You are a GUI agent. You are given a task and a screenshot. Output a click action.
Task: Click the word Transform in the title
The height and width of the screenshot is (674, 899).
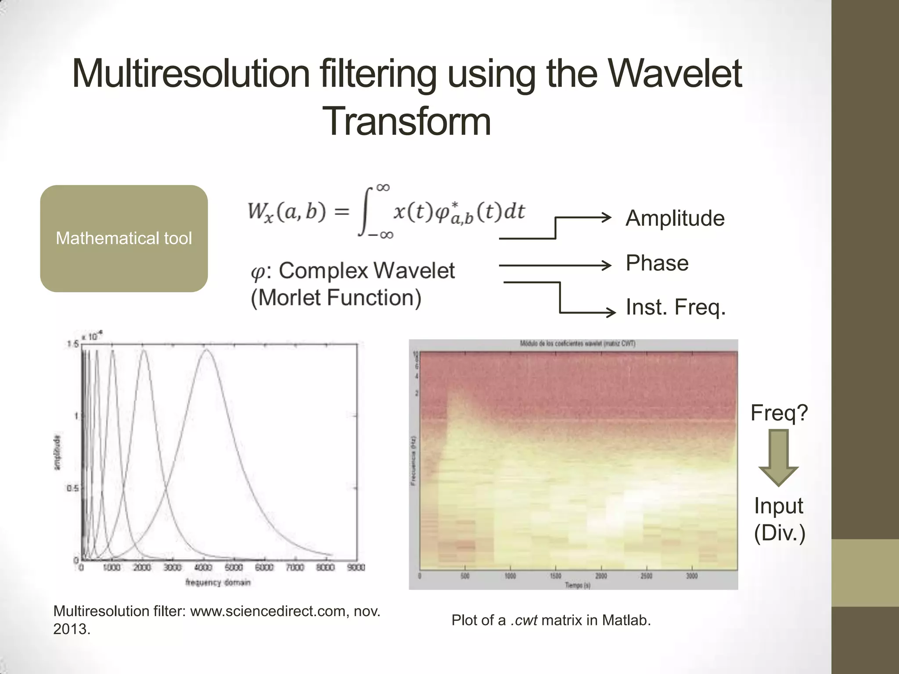click(x=406, y=122)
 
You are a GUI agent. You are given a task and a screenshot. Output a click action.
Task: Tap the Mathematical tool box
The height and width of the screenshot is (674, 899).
click(x=124, y=238)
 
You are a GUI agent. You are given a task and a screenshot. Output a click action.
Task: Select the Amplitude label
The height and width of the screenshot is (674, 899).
click(x=675, y=218)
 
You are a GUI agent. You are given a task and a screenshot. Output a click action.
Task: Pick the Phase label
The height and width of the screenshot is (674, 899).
click(x=657, y=263)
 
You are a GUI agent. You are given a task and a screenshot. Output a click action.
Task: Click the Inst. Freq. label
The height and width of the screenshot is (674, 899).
click(x=676, y=307)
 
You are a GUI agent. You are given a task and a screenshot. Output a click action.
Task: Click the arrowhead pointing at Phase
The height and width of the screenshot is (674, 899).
click(x=608, y=265)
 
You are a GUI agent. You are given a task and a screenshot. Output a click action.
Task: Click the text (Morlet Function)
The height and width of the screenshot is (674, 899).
click(x=336, y=298)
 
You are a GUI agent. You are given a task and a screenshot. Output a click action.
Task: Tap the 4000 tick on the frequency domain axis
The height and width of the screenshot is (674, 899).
click(x=203, y=568)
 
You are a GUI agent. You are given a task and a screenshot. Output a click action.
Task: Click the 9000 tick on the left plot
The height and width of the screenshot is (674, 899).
click(x=356, y=568)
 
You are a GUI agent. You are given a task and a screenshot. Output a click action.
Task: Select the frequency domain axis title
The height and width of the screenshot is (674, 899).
click(x=218, y=583)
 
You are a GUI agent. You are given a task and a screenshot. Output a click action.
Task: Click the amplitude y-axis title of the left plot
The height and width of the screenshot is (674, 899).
click(x=58, y=452)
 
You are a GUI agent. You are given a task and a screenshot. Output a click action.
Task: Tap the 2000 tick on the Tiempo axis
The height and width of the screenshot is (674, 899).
click(x=601, y=576)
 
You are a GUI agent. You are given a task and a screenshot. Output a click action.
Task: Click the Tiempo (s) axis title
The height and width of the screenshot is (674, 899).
click(x=577, y=585)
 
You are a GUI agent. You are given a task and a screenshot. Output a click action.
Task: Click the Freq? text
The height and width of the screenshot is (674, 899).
click(x=779, y=412)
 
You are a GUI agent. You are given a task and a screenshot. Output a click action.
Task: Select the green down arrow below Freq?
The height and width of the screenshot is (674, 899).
click(x=779, y=459)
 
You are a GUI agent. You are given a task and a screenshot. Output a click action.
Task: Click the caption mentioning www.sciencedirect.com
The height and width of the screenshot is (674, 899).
click(x=216, y=620)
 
